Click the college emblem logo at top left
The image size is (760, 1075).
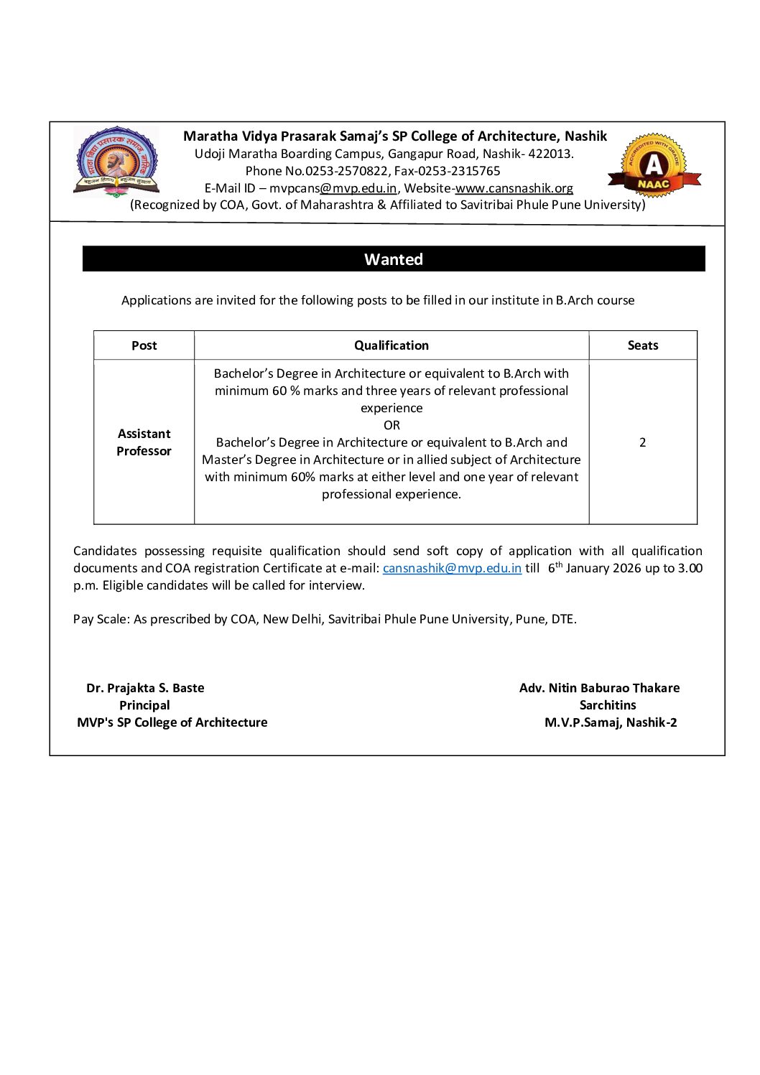tap(116, 163)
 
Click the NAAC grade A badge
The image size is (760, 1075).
tap(654, 167)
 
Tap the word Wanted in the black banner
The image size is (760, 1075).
tap(393, 259)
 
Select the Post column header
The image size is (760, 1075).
tap(144, 345)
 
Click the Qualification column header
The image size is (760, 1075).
tap(391, 345)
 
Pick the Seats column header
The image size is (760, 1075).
tap(642, 345)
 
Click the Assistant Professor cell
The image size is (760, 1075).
tap(144, 442)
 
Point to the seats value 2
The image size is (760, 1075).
tap(642, 442)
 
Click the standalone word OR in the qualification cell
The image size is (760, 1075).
tap(391, 425)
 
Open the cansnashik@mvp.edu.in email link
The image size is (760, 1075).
tap(452, 568)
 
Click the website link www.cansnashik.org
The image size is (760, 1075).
tap(514, 188)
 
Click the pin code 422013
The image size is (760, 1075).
tap(550, 154)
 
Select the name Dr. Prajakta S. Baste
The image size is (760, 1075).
tap(145, 688)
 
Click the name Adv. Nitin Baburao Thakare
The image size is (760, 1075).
tap(599, 688)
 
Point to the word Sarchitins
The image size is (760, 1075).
tap(608, 705)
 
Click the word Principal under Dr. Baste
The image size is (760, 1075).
tap(144, 705)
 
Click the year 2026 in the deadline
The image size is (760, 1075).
tap(627, 568)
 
